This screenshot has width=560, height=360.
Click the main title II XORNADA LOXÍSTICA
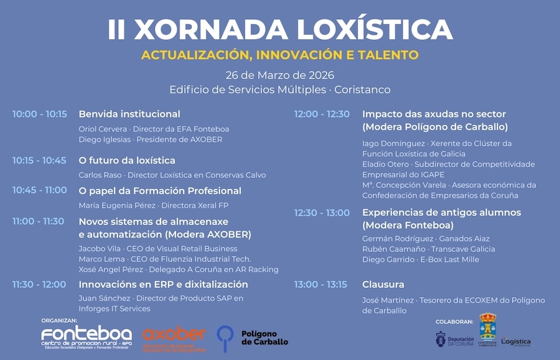(x=279, y=30)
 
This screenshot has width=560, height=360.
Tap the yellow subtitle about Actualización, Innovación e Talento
(x=279, y=55)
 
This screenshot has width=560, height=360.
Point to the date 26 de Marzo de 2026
(x=279, y=75)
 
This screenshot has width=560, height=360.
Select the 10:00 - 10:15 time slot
(x=40, y=114)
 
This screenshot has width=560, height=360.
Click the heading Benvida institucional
(x=129, y=114)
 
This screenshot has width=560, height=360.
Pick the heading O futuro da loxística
(x=127, y=160)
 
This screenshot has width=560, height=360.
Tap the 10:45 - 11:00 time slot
(x=40, y=191)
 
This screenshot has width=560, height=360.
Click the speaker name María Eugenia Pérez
(x=117, y=205)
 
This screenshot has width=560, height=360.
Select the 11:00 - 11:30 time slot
(x=39, y=221)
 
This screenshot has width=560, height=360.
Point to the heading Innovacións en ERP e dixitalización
(x=163, y=285)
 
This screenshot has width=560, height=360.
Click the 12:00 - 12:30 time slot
(x=322, y=114)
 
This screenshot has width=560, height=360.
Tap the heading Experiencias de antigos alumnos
(x=441, y=213)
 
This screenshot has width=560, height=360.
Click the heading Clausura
(x=383, y=285)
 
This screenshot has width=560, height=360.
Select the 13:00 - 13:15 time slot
(x=320, y=285)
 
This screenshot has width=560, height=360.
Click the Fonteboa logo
(x=86, y=336)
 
